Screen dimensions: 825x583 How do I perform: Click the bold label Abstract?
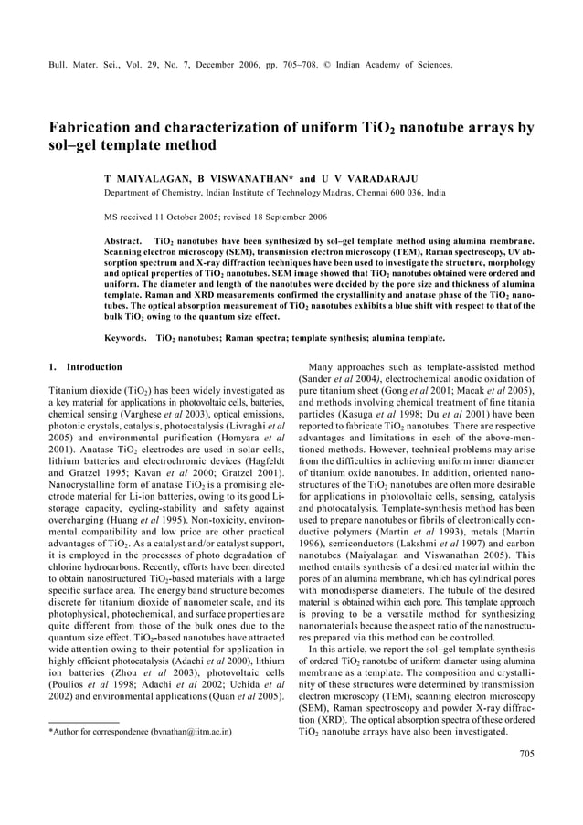125,239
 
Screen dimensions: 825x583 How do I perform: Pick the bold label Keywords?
126,337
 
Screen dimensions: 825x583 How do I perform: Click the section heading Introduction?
95,367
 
